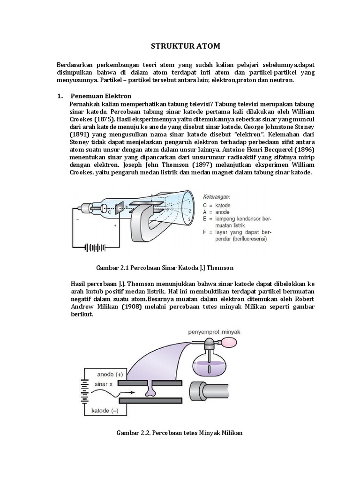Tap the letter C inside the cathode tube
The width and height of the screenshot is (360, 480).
(109, 212)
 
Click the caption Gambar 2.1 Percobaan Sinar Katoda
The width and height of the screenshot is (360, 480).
(165, 268)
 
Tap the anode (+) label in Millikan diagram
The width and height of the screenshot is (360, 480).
(110, 374)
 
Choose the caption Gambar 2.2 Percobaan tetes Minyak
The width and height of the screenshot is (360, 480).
(180, 433)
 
